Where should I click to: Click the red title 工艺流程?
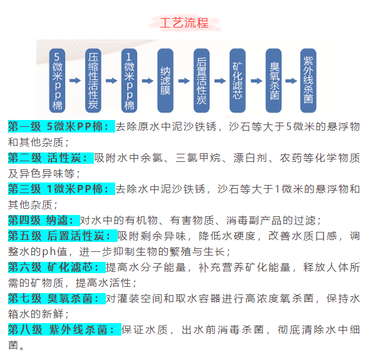(x=184, y=23)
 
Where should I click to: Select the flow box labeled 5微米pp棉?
(x=57, y=81)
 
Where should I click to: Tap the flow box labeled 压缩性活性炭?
(x=93, y=81)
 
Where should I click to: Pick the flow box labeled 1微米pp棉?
(x=129, y=81)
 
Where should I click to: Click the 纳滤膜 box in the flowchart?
(x=165, y=81)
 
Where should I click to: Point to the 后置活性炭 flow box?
(x=202, y=81)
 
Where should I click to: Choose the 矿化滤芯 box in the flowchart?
(x=238, y=81)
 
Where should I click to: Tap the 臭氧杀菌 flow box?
(x=273, y=81)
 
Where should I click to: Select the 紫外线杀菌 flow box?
(x=309, y=81)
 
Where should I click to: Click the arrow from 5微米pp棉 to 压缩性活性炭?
(x=75, y=81)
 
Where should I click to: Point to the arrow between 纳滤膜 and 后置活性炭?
(x=184, y=81)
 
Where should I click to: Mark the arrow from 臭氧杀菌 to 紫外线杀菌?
(x=291, y=81)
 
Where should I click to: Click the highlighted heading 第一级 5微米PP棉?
(x=61, y=126)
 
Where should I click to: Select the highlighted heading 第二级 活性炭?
(x=51, y=157)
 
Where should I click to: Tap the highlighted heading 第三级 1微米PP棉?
(x=61, y=189)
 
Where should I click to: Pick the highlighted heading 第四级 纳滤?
(x=44, y=220)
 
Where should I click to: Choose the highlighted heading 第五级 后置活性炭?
(x=63, y=236)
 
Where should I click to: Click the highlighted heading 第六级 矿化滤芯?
(x=57, y=267)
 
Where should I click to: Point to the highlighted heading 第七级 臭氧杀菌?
(x=57, y=298)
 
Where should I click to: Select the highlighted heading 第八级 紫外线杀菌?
(x=64, y=329)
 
